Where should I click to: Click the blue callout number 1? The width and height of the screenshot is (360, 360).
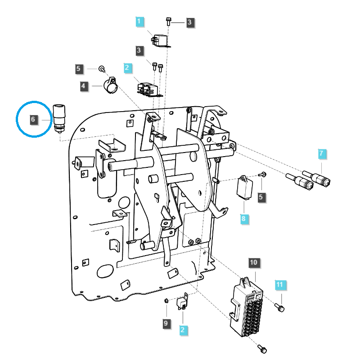(139, 22)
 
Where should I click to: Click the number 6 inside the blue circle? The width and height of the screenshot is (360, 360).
(33, 120)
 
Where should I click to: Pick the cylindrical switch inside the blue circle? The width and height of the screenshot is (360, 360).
(58, 118)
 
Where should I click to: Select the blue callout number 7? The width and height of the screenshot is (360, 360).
(321, 153)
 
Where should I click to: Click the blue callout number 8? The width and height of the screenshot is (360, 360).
(243, 219)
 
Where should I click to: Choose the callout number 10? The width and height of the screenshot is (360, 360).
(253, 262)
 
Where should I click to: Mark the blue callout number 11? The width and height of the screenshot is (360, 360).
(280, 285)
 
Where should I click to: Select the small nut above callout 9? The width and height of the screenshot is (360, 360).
(166, 300)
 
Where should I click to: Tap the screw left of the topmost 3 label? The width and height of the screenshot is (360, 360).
(168, 21)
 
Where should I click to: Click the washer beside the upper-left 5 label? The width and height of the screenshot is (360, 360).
(102, 69)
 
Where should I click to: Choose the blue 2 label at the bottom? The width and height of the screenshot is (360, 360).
(182, 330)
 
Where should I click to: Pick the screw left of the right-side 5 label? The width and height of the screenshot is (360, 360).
(264, 174)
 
